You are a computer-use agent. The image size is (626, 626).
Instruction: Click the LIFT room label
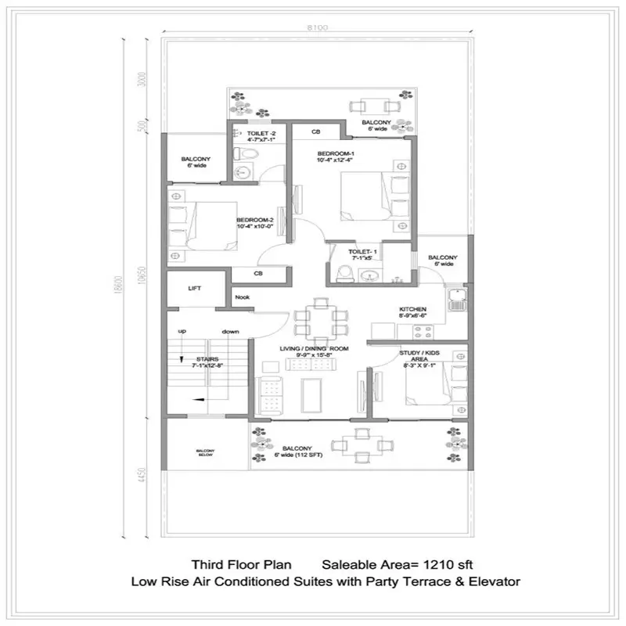[195, 289]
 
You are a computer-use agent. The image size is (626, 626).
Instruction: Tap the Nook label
[242, 297]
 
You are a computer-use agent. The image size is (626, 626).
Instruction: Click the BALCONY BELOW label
[205, 453]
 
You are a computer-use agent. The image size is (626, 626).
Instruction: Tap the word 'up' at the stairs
[181, 331]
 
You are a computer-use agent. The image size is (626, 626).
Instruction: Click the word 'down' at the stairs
[230, 331]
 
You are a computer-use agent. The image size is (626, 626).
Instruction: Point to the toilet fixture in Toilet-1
[343, 272]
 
